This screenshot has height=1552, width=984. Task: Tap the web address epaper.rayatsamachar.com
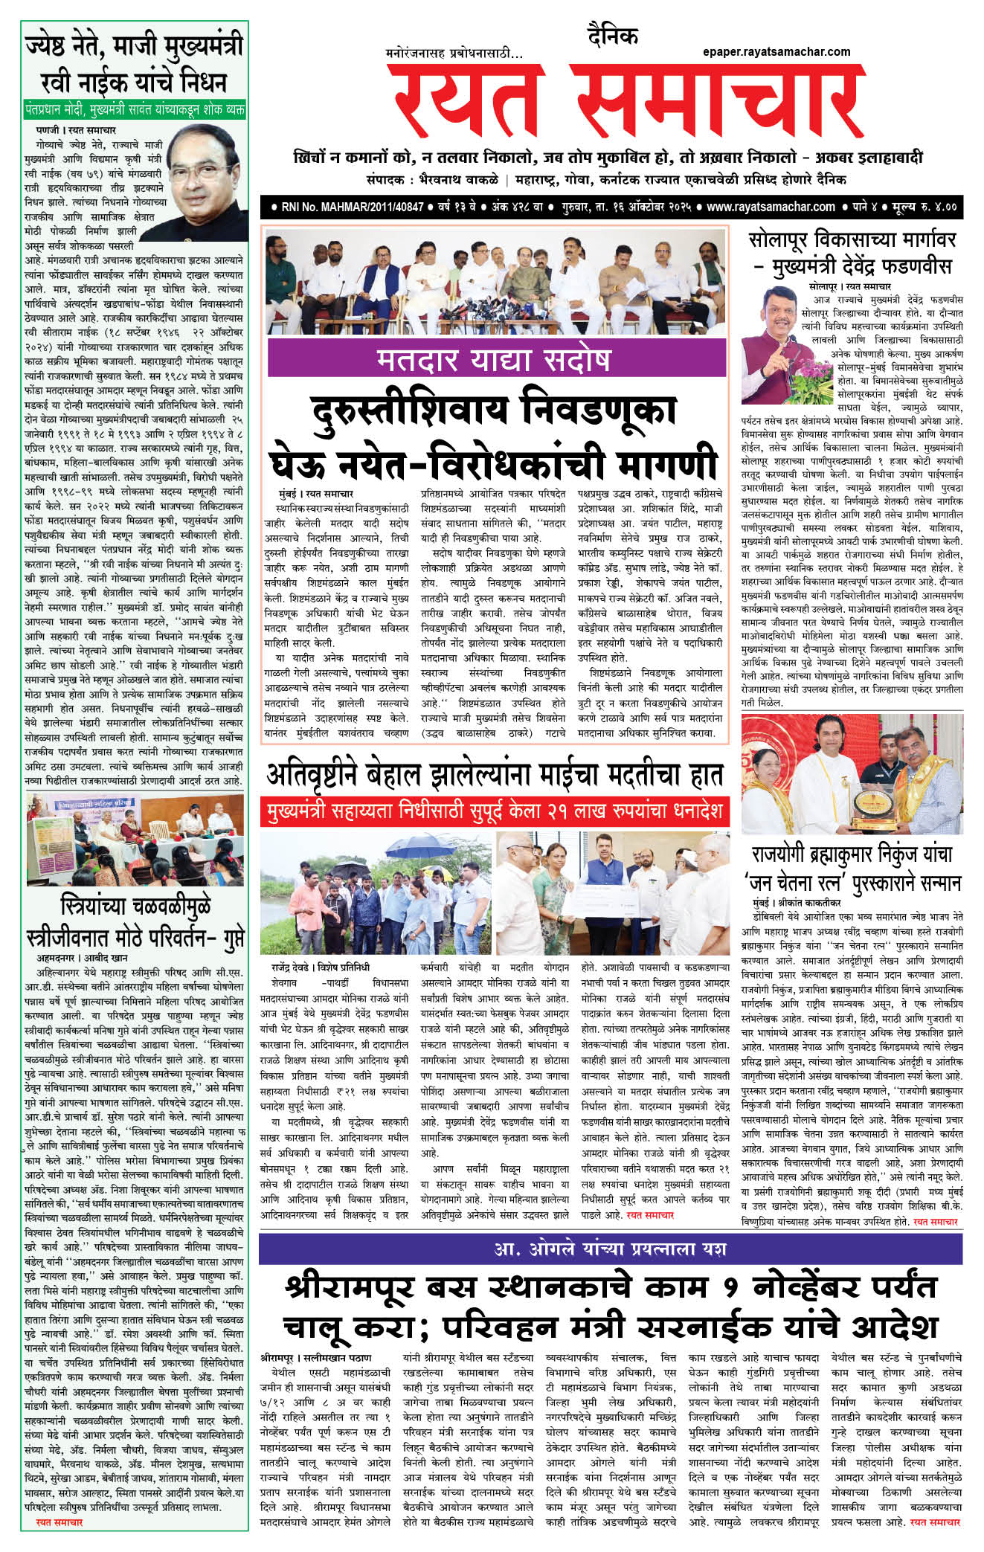[x=776, y=51]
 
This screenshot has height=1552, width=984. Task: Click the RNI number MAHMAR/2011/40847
[x=353, y=207]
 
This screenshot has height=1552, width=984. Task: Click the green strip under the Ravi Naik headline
[x=134, y=109]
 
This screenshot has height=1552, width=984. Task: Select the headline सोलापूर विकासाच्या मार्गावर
[x=852, y=240]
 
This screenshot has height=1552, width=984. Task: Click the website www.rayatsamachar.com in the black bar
[x=771, y=207]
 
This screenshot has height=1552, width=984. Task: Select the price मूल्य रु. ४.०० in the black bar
[x=923, y=207]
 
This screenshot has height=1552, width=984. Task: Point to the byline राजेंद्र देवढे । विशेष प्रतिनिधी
[x=321, y=967]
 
